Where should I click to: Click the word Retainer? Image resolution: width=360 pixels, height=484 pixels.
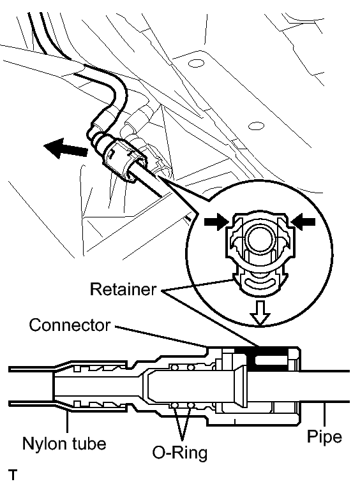123,290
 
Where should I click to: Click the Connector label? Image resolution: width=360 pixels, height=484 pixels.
70,325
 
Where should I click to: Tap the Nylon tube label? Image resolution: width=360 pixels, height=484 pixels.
64,444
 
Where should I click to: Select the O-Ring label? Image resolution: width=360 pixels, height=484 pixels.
179,453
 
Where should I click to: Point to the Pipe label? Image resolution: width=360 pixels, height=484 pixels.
324,436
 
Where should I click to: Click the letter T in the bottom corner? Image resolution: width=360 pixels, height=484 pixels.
13,475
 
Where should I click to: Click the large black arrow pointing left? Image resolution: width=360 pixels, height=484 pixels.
66,148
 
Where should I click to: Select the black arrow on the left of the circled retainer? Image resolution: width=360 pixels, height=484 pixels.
216,222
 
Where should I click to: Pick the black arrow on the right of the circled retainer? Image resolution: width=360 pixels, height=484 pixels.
303,222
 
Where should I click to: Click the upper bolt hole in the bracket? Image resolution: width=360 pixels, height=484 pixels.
196,64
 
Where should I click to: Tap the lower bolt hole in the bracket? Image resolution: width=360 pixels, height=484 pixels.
256,126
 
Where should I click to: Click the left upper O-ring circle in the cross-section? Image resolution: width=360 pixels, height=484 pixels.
176,367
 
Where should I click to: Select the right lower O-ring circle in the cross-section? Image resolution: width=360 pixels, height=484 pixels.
191,405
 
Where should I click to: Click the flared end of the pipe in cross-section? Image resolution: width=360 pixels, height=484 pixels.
241,386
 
